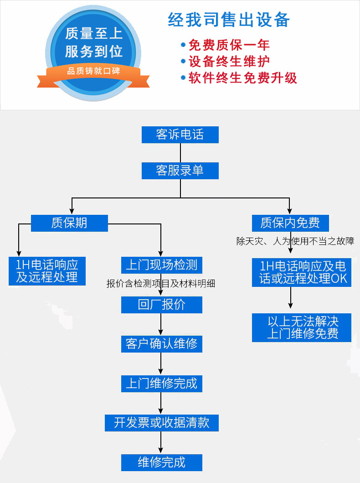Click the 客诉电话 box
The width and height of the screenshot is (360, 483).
coord(180,135)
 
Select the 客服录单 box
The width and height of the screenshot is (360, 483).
coord(180,170)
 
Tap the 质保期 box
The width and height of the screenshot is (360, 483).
coord(69,223)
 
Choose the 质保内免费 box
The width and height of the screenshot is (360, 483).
coord(290,223)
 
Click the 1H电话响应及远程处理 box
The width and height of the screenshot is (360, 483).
coord(47,271)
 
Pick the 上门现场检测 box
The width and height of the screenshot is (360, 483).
coord(161,265)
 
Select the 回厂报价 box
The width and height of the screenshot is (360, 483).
coord(161,304)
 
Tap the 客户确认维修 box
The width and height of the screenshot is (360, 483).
coord(161,343)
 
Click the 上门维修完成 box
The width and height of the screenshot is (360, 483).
coord(161,383)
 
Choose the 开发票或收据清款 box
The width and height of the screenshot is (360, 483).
coord(161,422)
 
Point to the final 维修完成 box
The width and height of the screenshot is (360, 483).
coord(161,462)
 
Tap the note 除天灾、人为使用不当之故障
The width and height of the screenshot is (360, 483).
coord(295,241)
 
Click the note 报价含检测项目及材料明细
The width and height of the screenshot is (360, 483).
coord(161,284)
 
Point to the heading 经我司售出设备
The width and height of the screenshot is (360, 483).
coord(229,21)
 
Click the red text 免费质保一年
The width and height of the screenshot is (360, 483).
coord(229,45)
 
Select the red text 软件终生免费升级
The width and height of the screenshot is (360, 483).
coord(243,78)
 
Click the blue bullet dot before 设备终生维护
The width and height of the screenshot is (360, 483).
coord(183,61)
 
